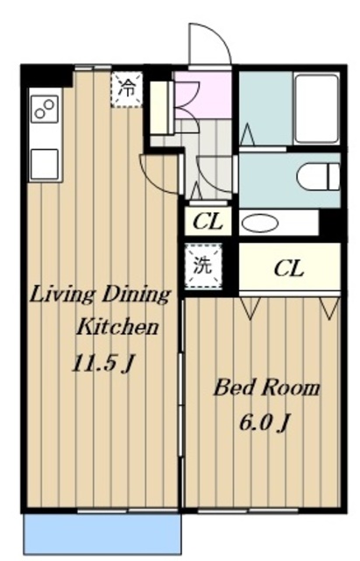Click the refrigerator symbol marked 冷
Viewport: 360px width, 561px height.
(127, 89)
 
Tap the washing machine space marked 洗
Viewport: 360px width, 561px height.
(203, 266)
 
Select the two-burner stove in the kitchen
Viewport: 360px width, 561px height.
(45, 109)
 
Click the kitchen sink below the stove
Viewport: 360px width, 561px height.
(45, 164)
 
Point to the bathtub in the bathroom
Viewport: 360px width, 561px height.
(316, 109)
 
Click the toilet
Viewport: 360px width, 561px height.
(318, 176)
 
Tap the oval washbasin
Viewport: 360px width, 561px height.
(260, 224)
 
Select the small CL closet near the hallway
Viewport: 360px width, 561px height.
(208, 222)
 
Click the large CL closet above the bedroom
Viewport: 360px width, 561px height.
(290, 267)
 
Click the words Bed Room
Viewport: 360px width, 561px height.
(266, 388)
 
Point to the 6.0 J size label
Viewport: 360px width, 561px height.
(265, 423)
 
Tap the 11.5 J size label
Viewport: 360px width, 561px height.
(103, 364)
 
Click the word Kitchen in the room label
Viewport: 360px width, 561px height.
(117, 327)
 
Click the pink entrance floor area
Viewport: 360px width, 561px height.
(203, 95)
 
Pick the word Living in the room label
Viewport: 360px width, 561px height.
(62, 295)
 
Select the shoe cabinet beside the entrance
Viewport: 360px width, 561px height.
(161, 108)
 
